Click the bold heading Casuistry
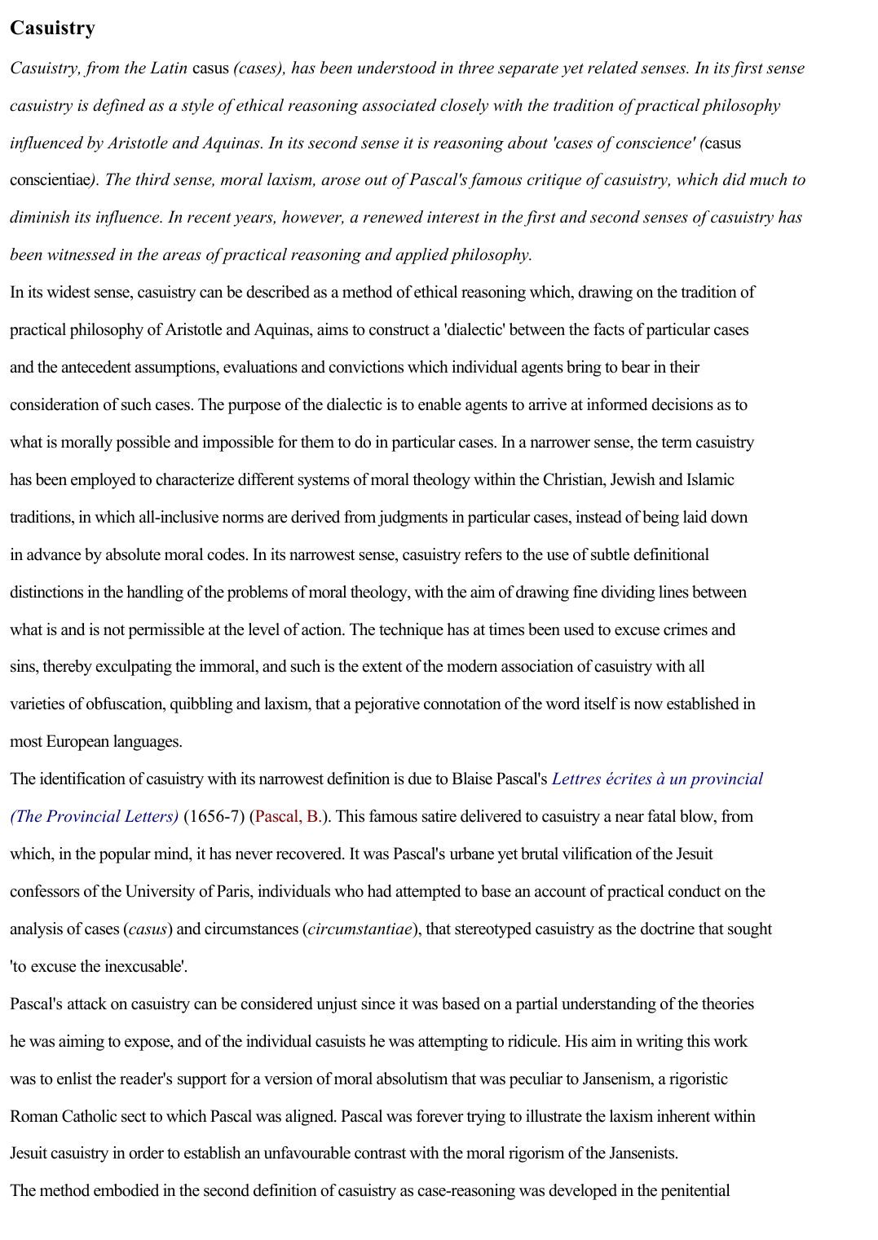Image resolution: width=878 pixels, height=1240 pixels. (52, 28)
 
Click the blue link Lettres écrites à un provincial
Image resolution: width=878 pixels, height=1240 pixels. (657, 779)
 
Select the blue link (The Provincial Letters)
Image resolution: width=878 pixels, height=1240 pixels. (94, 816)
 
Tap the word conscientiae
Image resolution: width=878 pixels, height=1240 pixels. (49, 179)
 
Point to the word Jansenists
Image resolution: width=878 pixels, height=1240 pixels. (631, 1153)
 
